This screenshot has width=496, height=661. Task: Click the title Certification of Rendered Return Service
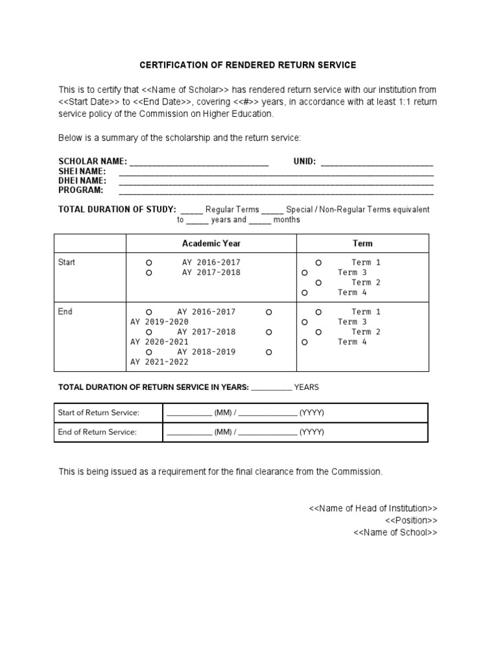(248, 65)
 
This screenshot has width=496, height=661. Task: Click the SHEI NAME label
(82, 171)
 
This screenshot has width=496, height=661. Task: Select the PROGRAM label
(81, 190)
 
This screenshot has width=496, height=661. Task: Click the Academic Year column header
(211, 243)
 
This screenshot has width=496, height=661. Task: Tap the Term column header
(362, 243)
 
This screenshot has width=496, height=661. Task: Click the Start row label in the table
(67, 263)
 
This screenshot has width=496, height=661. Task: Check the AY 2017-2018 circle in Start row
(149, 273)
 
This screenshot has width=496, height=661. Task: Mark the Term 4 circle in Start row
(304, 293)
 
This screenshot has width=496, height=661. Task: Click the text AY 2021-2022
(160, 362)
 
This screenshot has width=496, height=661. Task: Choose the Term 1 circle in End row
(318, 312)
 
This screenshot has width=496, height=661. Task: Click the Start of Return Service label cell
(99, 412)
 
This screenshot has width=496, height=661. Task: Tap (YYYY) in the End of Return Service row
(311, 432)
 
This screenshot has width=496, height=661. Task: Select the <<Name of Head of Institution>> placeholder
(373, 509)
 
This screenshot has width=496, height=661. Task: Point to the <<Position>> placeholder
(411, 520)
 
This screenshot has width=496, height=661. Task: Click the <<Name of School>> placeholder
(395, 533)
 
